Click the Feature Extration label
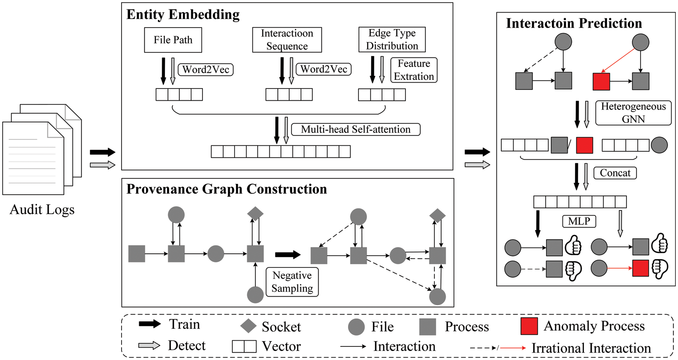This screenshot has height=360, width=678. point(414,70)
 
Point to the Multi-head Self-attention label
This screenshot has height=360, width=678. point(356,130)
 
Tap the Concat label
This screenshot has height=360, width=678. point(609,173)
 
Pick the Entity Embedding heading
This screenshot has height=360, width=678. point(183,15)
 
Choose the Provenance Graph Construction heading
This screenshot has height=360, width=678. point(226,189)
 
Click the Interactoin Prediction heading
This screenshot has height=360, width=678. point(574,23)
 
